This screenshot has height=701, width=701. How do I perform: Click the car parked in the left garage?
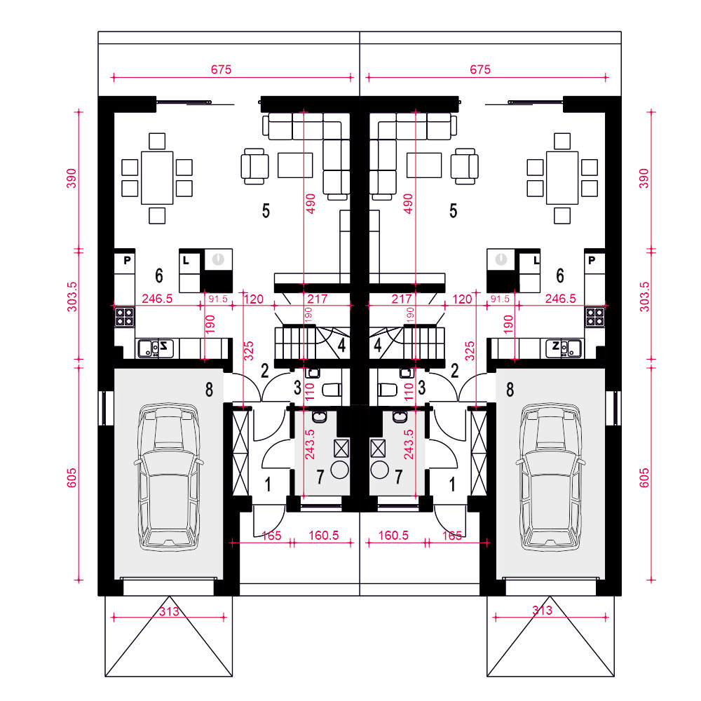[168, 477]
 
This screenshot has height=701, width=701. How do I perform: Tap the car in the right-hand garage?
[550, 477]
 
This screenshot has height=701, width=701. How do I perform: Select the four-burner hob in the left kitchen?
[124, 317]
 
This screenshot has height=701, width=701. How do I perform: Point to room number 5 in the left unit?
[266, 210]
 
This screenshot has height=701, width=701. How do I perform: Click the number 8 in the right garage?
[510, 390]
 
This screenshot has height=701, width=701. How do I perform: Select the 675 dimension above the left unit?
[222, 69]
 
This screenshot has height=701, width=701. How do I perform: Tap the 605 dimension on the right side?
[644, 477]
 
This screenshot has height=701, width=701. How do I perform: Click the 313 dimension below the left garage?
[169, 611]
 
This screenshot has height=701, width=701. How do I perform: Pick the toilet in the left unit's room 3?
[332, 390]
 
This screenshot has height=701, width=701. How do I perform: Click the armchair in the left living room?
[255, 166]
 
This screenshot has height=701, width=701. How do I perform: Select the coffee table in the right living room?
[424, 165]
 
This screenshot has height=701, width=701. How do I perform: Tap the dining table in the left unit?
[157, 178]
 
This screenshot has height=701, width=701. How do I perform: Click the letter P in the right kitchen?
[592, 260]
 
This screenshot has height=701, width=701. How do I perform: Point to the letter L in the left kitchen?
[186, 260]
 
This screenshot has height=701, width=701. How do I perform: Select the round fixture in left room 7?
[340, 470]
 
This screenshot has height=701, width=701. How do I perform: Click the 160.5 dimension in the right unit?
[393, 535]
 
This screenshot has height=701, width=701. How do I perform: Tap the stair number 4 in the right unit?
[378, 345]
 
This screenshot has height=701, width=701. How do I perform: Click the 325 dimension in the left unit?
[249, 351]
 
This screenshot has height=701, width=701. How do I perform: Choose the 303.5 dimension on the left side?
[72, 297]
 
